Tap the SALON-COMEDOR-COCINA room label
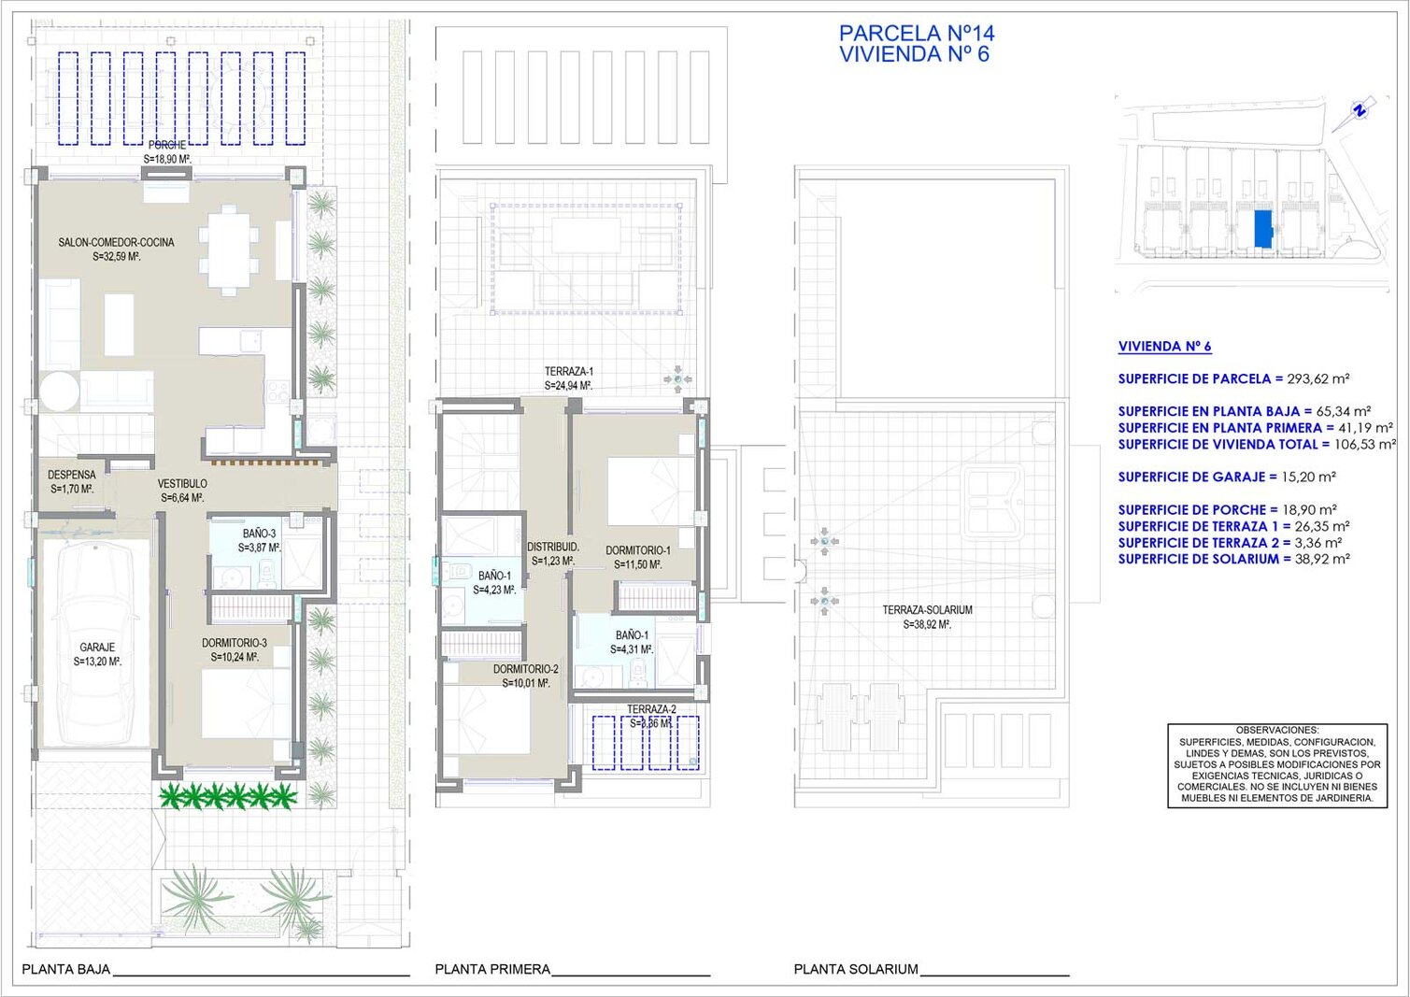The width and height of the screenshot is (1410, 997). click(117, 242)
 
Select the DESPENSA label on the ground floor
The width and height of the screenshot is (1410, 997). click(72, 475)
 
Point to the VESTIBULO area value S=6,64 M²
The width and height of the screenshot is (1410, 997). click(182, 498)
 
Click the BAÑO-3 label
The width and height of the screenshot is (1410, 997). click(260, 534)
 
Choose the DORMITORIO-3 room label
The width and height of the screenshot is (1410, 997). click(235, 643)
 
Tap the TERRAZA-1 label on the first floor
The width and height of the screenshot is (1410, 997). click(569, 371)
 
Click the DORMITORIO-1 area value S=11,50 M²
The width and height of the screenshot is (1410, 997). click(637, 564)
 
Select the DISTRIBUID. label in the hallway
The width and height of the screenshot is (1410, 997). click(552, 547)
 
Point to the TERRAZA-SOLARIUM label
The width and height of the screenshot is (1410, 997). click(927, 609)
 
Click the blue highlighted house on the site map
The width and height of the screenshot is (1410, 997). click(1262, 229)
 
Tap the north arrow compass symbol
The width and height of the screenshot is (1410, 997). click(1360, 113)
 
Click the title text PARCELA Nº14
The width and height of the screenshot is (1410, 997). click(917, 33)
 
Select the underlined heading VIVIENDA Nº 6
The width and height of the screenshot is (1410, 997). click(1164, 346)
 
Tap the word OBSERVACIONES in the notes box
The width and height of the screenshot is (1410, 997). click(1277, 730)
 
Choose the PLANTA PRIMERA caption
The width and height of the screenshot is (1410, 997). click(492, 969)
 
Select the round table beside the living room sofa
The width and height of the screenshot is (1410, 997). click(59, 392)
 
